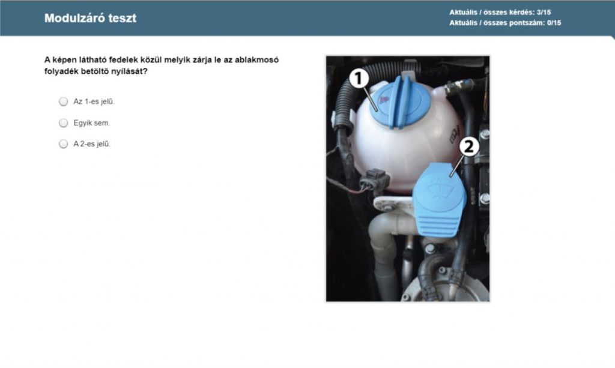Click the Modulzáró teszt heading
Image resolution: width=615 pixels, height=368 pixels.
click(90, 18)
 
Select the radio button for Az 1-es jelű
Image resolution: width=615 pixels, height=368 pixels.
click(63, 101)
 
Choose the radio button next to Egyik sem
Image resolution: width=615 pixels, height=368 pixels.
click(63, 123)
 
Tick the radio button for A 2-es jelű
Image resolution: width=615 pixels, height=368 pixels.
click(63, 144)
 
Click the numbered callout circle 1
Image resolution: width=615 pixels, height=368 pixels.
click(359, 79)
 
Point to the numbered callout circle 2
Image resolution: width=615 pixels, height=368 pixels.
click(469, 146)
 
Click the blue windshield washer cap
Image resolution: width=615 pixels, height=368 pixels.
click(439, 200)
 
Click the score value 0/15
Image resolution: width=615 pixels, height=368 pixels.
click(554, 23)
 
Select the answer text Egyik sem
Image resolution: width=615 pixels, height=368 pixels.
click(92, 123)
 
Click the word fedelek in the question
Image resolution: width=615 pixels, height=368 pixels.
click(123, 60)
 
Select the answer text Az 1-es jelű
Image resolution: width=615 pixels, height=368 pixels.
click(94, 101)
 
